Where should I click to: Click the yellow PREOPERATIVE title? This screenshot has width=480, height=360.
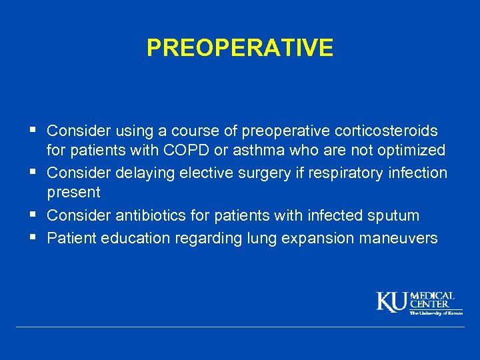pos(239,48)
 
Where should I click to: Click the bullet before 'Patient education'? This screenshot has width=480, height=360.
pos(34,237)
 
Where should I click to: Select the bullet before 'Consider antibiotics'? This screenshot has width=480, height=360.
pos(34,215)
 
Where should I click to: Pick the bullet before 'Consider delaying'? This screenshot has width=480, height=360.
pos(34,172)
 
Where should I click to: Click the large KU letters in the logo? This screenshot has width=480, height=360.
pos(392,302)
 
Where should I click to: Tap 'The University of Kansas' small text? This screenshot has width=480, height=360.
pos(435,312)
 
